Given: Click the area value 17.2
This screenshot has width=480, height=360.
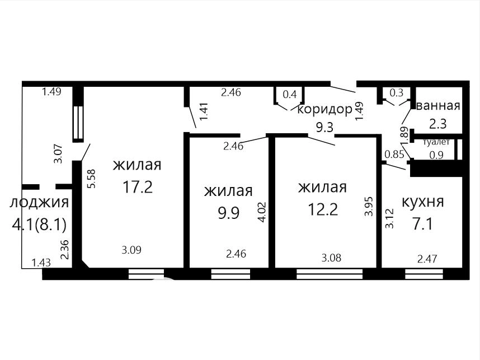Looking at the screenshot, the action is (x=138, y=186).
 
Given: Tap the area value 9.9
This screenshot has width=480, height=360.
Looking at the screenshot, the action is (x=228, y=213).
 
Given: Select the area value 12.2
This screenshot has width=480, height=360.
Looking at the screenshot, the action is (x=323, y=210).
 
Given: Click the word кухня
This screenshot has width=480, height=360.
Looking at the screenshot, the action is (x=422, y=202).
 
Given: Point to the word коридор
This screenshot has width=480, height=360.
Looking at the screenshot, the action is (x=325, y=109).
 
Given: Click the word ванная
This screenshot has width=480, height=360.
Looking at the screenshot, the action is (x=439, y=106).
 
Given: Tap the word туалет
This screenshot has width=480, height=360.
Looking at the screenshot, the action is (x=436, y=142).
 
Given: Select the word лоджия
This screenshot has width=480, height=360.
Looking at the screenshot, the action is (x=39, y=203).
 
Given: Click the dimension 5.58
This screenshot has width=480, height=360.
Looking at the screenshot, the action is (x=92, y=179).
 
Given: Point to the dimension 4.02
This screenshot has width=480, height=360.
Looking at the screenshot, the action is (x=262, y=212).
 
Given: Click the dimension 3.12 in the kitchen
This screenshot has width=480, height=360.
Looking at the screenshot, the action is (x=389, y=219).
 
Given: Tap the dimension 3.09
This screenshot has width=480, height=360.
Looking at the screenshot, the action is (x=131, y=250).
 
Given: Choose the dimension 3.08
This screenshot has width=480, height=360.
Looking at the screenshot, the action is (x=331, y=258).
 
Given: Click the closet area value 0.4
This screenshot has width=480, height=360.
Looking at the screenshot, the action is (x=290, y=95).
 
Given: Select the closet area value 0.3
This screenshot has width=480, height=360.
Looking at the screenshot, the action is (x=397, y=92).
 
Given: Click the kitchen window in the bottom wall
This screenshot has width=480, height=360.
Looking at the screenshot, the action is (x=424, y=274).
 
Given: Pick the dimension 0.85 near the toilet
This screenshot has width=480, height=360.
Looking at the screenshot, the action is (x=394, y=155).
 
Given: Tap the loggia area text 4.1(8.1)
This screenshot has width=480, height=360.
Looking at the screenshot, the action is (x=39, y=225).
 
